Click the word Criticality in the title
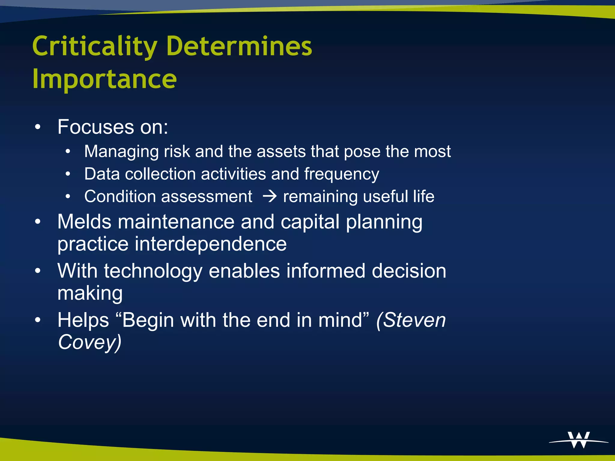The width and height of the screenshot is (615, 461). click(95, 47)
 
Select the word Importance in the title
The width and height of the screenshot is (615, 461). click(105, 79)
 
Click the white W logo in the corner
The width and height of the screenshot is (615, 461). click(579, 440)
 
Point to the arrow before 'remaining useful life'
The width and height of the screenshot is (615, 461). click(269, 197)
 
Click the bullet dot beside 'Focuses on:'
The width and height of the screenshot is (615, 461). click(38, 127)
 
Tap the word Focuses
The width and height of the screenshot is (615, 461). click(96, 127)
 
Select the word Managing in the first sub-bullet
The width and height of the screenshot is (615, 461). click(121, 151)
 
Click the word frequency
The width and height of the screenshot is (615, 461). click(341, 174)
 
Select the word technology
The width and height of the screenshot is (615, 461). click(153, 271)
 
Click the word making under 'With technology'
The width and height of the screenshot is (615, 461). click(90, 293)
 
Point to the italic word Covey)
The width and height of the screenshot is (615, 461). click(89, 342)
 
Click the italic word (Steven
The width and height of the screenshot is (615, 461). click(411, 320)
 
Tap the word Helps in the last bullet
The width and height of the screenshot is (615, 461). click(83, 320)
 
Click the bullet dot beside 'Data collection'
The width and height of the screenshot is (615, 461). click(68, 174)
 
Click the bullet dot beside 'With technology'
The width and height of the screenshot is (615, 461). click(38, 271)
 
